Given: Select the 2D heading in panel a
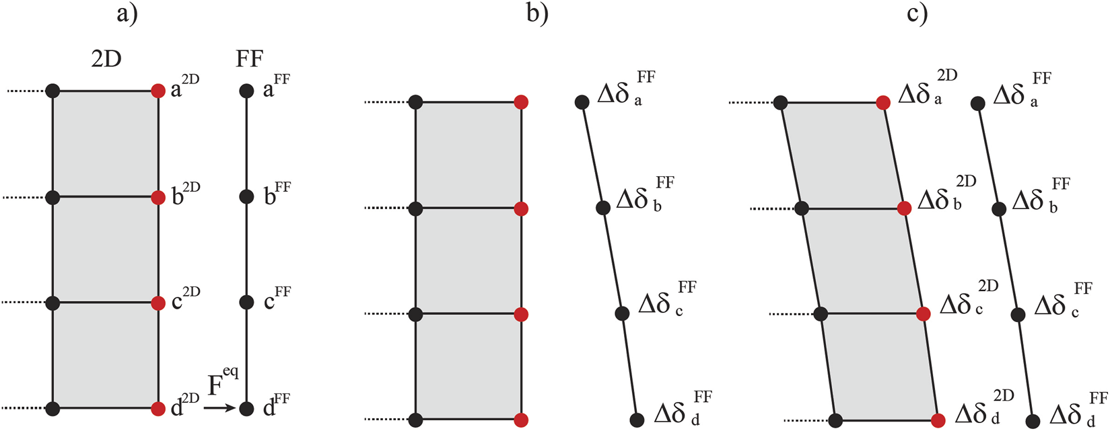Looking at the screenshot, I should point(106,59).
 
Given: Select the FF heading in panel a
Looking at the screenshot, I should point(249,59).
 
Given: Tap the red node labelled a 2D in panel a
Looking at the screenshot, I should point(158,91).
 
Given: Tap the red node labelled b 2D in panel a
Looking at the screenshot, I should point(158,198).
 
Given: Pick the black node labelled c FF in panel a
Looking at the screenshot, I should point(247,302).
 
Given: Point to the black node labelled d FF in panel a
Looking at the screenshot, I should point(247,408).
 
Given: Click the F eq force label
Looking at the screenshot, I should point(223,383).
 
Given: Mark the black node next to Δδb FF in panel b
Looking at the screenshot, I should point(603,207).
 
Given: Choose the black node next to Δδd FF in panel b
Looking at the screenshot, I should point(637,420).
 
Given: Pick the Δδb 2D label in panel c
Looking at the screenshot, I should point(946,195).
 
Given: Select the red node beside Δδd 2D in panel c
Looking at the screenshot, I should point(938,421).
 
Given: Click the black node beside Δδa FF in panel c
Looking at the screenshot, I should point(978,103).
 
